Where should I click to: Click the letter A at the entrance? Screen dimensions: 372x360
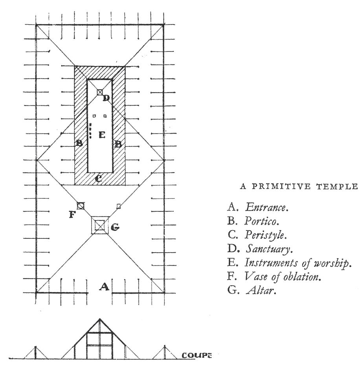pos(104,287)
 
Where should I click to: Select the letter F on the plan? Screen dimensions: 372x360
pos(72,214)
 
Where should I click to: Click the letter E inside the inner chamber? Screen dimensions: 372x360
pos(102,135)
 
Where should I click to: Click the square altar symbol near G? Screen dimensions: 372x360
pos(100,225)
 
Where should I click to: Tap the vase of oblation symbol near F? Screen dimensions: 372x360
pos(81,205)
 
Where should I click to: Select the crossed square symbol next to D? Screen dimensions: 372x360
pos(100,92)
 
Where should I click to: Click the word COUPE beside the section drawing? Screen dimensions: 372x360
pos(196,356)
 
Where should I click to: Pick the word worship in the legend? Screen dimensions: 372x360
pos(334,263)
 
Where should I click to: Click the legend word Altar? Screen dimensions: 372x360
pos(259,291)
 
